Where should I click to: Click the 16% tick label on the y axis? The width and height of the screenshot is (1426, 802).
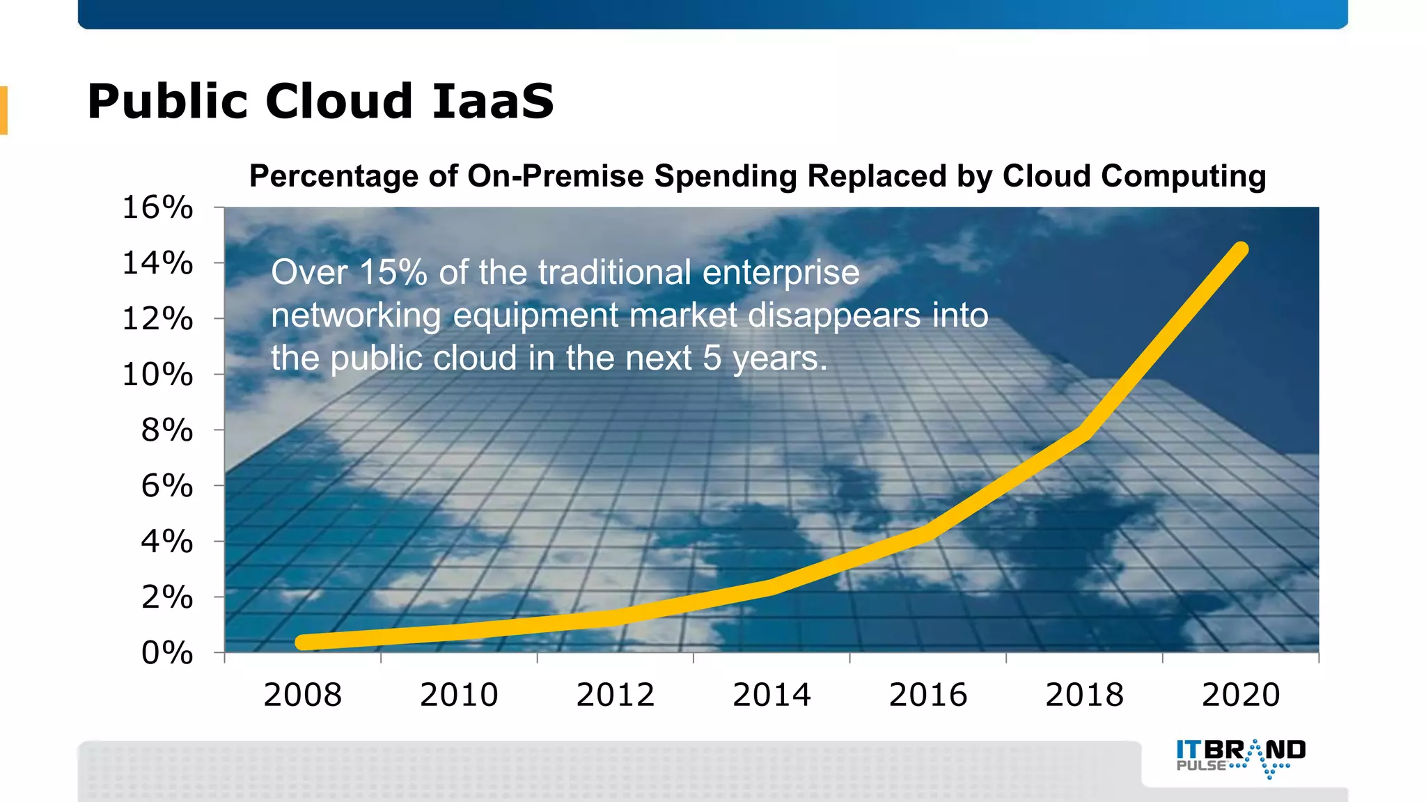point(157,207)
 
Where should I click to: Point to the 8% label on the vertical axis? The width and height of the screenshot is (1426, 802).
point(167,430)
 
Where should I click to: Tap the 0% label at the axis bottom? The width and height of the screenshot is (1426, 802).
point(167,653)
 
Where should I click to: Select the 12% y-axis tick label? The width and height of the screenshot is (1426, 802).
point(157,319)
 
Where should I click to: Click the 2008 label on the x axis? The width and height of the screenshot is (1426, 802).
point(303,695)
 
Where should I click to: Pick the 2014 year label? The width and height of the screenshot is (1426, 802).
point(771,695)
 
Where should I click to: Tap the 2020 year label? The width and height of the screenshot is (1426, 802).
point(1241,695)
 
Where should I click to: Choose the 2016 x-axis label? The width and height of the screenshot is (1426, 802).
point(928,695)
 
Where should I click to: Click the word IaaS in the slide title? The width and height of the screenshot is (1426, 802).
point(493,102)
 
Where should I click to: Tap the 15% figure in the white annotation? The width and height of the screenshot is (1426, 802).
point(393,272)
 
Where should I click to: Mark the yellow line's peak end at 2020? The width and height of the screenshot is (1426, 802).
point(1241,249)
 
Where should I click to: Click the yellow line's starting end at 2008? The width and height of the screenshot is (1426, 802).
point(303,642)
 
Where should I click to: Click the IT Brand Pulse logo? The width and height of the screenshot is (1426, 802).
point(1240,758)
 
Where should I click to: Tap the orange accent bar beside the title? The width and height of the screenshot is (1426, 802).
point(3,110)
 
